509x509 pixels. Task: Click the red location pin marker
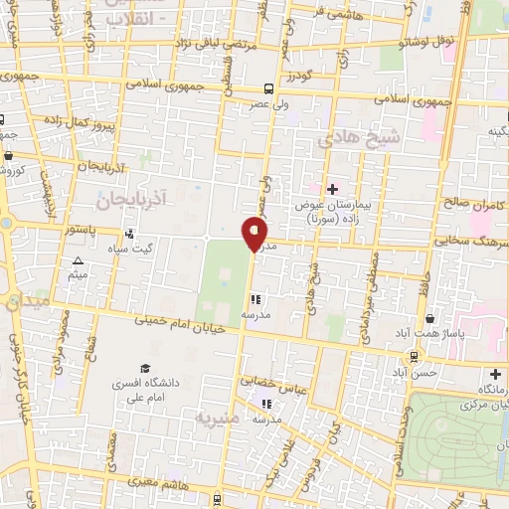click(255, 234)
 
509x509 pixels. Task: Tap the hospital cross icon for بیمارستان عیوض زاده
click(332, 189)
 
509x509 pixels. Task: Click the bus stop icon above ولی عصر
click(271, 88)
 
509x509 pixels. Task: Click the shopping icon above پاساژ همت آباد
click(429, 319)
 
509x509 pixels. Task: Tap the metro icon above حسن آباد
click(412, 355)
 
